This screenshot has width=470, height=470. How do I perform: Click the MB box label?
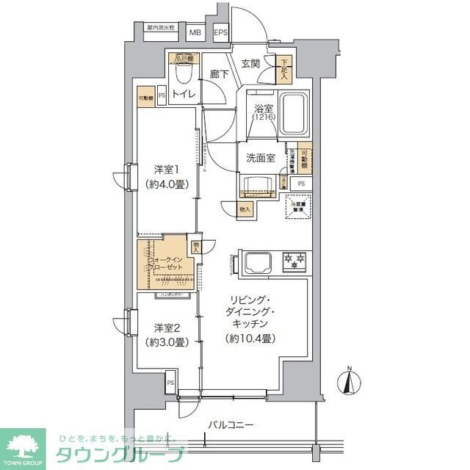click(x=195, y=32)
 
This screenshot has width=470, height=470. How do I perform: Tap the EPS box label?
click(x=220, y=32)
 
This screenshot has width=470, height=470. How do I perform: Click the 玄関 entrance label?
click(x=250, y=64)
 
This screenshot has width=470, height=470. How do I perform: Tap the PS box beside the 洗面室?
click(x=301, y=184)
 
